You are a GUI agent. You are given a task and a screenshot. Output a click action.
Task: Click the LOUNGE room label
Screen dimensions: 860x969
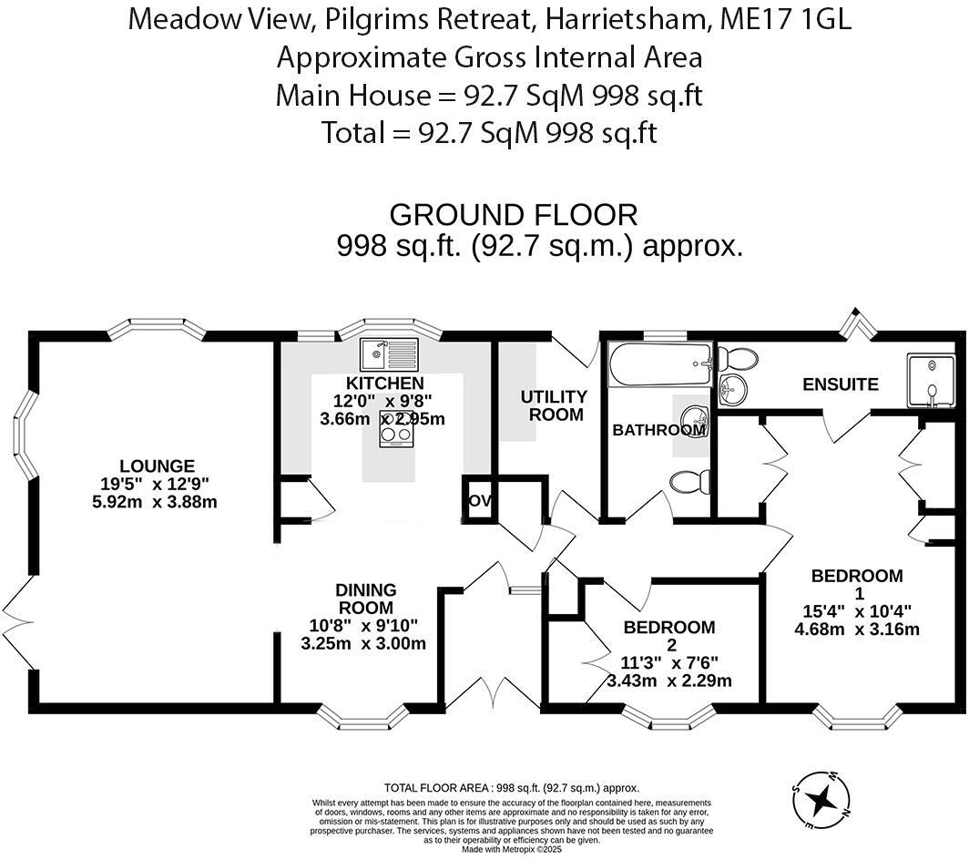157,466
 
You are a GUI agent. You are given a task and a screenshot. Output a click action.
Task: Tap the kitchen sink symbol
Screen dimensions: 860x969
388,351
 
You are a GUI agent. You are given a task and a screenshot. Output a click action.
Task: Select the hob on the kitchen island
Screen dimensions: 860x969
396,435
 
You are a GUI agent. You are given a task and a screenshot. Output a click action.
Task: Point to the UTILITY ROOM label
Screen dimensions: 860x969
553,405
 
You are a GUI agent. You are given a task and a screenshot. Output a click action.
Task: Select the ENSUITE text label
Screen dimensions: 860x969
840,384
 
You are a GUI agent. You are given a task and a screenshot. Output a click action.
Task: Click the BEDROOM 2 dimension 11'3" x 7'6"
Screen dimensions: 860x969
668,663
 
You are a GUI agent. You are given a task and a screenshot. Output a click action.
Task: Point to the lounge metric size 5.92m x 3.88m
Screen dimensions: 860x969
157,501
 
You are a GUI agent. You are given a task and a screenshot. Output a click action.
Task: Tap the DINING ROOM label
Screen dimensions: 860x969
367,599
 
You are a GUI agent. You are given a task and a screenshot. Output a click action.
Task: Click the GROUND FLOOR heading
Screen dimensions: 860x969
514,215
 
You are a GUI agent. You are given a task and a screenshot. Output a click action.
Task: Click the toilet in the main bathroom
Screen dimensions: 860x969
689,481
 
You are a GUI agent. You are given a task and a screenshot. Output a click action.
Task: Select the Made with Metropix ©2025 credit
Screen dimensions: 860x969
511,848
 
